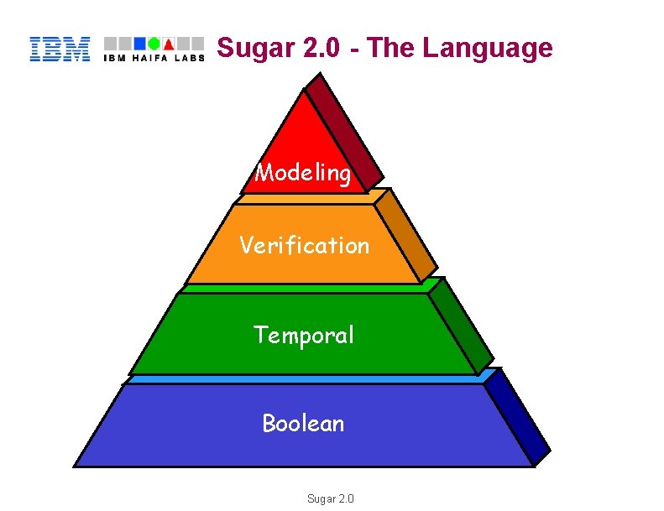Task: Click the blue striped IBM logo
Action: (x=60, y=49)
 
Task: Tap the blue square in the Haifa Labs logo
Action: (x=141, y=43)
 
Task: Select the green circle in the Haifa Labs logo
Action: (x=154, y=43)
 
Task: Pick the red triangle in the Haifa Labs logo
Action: (x=168, y=43)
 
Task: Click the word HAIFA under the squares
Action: (x=152, y=58)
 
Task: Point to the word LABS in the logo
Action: (x=190, y=58)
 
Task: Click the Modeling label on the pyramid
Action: (x=303, y=173)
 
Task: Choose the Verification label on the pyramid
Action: (x=304, y=245)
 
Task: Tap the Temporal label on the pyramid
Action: (x=304, y=335)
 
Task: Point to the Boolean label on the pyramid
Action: (x=303, y=423)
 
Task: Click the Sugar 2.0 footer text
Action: (x=331, y=498)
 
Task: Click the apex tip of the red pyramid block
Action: (x=305, y=89)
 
